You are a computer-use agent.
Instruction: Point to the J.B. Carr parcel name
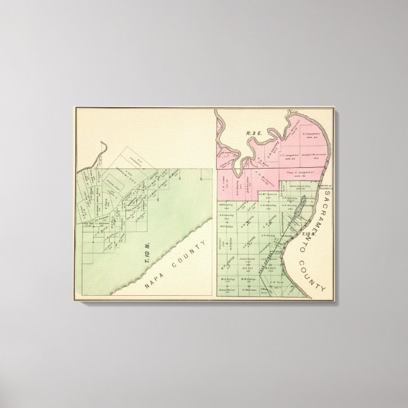(x=276, y=283)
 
